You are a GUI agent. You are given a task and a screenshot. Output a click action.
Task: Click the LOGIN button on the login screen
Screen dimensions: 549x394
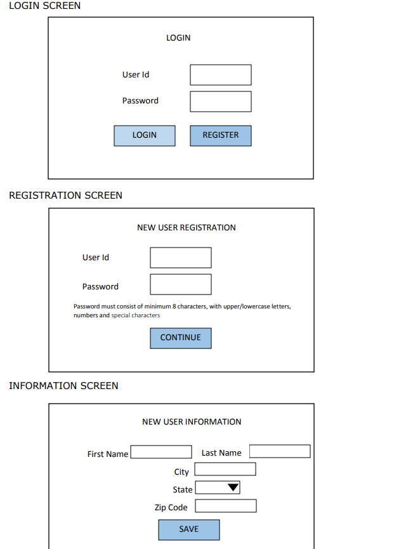(x=145, y=136)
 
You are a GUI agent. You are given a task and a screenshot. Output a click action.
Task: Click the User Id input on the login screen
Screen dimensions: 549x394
(x=221, y=75)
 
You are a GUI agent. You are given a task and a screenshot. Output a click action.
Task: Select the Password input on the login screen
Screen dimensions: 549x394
(x=221, y=102)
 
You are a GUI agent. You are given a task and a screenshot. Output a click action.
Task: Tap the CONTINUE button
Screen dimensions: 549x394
(x=181, y=338)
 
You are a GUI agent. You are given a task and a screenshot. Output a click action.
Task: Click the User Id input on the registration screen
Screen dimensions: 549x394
(x=181, y=258)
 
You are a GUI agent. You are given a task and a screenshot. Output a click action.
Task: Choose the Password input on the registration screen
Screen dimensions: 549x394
(x=181, y=284)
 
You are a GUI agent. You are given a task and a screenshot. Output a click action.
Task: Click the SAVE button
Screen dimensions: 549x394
(x=189, y=530)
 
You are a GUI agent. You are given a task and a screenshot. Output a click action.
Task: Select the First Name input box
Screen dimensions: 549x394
(x=161, y=452)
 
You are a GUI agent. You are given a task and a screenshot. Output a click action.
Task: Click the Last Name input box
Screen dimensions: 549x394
(x=280, y=451)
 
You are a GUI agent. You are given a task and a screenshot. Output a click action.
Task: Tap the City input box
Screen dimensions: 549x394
(x=225, y=469)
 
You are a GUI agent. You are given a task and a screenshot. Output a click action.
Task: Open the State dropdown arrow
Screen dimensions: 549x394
(x=233, y=487)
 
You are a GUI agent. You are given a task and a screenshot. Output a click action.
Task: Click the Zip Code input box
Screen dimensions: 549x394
(x=226, y=506)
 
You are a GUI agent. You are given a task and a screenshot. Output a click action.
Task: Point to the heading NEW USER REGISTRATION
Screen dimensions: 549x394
(x=187, y=228)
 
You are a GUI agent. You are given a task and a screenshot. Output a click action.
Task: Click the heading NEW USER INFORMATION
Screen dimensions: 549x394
(x=192, y=422)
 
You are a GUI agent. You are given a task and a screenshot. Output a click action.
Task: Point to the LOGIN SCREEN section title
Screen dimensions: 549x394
(x=45, y=6)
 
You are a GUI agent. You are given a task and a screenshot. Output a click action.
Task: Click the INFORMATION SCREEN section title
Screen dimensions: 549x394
(x=63, y=386)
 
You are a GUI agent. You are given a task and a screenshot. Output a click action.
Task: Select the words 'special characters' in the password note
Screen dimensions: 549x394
(x=136, y=315)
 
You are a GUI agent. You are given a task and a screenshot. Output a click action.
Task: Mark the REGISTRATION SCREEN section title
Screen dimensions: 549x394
(x=65, y=195)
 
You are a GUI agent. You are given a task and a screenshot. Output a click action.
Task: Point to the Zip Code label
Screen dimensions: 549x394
(x=171, y=508)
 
